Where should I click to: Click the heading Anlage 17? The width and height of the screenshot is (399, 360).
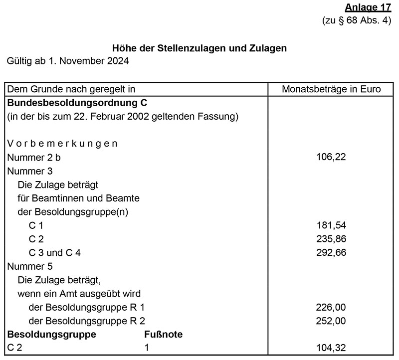368,8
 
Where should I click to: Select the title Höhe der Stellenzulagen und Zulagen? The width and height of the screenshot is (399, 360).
200,48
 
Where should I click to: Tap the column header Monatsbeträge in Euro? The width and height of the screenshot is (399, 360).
331,90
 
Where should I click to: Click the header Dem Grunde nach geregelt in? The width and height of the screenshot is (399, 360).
72,90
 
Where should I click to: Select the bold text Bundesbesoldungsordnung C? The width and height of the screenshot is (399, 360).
78,103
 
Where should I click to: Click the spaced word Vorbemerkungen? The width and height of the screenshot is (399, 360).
62,144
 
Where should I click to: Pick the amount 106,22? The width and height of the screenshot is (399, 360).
331,157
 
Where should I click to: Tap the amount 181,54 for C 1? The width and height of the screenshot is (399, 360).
331,225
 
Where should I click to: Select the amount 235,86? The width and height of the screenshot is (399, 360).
331,239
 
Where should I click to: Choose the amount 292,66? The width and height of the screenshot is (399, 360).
331,253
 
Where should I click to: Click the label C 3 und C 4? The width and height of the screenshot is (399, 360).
55,253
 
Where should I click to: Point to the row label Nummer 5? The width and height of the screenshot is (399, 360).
30,266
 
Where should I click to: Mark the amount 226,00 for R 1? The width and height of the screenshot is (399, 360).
331,307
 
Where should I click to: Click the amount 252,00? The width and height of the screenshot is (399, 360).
331,321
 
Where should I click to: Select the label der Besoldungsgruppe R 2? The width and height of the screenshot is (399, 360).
87,321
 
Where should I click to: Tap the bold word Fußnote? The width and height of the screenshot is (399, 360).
164,334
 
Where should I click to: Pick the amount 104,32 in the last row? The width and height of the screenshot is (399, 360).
331,348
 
